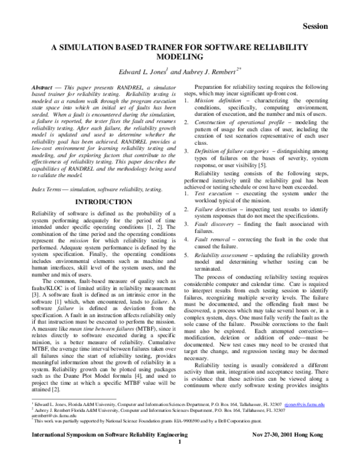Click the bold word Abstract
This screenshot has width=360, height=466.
pos(44,88)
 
